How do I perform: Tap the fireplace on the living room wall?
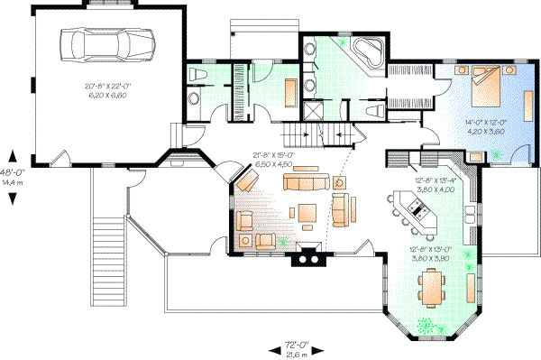[307, 256]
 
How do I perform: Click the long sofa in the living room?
[304, 183]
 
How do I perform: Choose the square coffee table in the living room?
[307, 213]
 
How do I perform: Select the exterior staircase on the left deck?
[107, 229]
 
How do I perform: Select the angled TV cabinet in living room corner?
[244, 182]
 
